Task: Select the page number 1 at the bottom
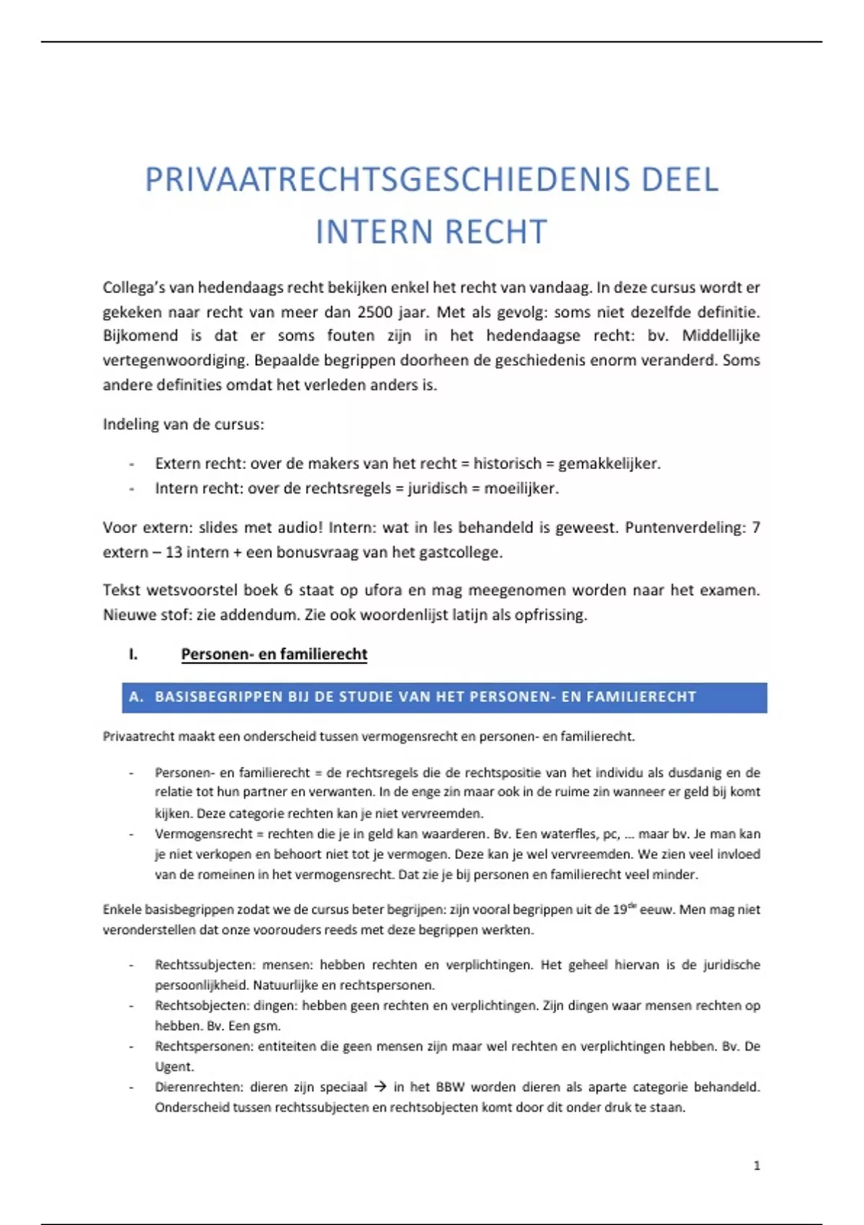pyautogui.click(x=756, y=1165)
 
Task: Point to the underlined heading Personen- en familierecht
pyautogui.click(x=274, y=654)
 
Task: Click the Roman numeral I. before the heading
pyautogui.click(x=133, y=654)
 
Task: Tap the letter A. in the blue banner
pyautogui.click(x=136, y=697)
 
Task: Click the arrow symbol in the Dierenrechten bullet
pyautogui.click(x=380, y=1087)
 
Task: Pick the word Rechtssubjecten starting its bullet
pyautogui.click(x=204, y=964)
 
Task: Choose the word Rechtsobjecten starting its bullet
pyautogui.click(x=202, y=1005)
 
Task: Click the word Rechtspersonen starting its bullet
pyautogui.click(x=203, y=1046)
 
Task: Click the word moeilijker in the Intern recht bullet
pyautogui.click(x=521, y=488)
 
